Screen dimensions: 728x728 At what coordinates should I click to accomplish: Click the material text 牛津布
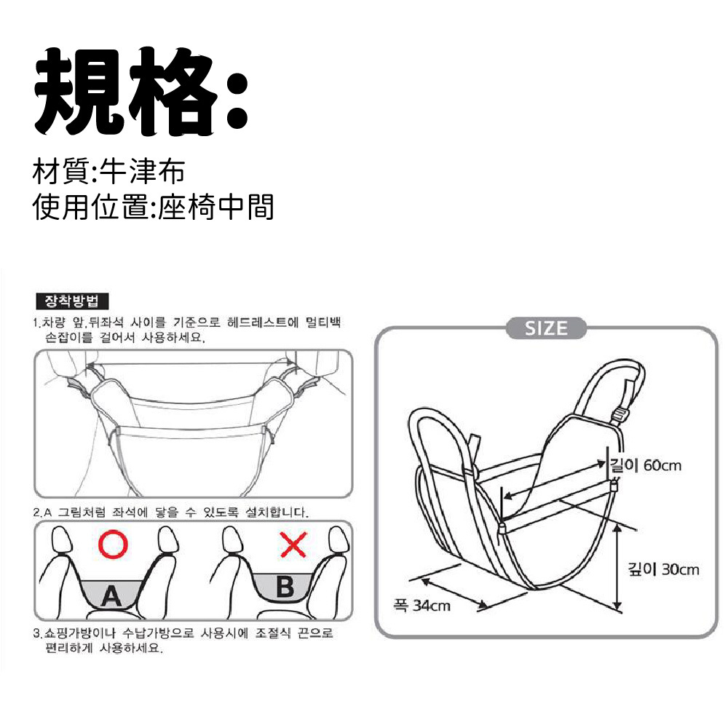pyautogui.click(x=143, y=171)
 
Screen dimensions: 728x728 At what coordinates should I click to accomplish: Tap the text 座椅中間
pyautogui.click(x=216, y=207)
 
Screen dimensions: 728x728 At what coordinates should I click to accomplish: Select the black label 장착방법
pyautogui.click(x=72, y=301)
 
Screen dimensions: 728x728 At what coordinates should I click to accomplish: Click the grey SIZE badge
pyautogui.click(x=546, y=328)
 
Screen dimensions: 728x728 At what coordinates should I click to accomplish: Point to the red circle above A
pyautogui.click(x=113, y=544)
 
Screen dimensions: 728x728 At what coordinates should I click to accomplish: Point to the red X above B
pyautogui.click(x=293, y=545)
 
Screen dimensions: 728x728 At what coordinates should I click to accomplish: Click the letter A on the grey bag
pyautogui.click(x=111, y=596)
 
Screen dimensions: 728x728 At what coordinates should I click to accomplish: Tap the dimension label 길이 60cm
pyautogui.click(x=645, y=465)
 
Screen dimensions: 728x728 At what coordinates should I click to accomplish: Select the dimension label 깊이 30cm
pyautogui.click(x=663, y=569)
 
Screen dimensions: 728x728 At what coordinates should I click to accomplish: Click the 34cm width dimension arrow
pyautogui.click(x=454, y=593)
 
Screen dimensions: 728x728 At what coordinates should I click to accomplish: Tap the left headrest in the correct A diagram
pyautogui.click(x=61, y=540)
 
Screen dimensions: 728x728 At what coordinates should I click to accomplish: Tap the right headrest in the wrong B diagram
pyautogui.click(x=339, y=540)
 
